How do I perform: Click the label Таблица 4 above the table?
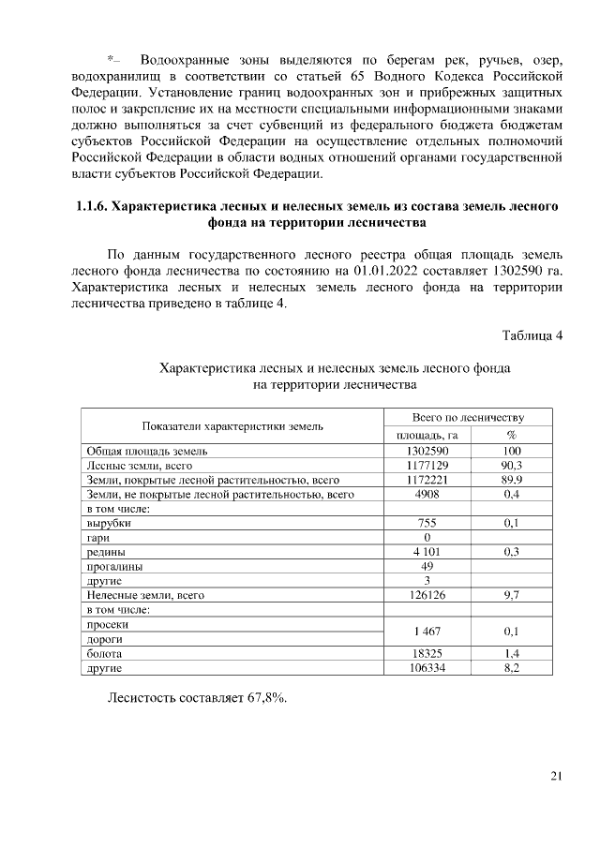(532, 336)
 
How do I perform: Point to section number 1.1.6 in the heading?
(92, 206)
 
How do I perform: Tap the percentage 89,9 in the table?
(512, 479)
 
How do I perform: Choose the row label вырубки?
(109, 523)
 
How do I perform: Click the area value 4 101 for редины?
(427, 552)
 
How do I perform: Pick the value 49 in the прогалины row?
(427, 566)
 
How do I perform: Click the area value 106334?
(427, 667)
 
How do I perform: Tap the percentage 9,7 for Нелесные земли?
(512, 595)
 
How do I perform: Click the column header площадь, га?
(427, 435)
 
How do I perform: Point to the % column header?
(512, 435)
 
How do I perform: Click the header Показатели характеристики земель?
(232, 426)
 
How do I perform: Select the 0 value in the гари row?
(427, 538)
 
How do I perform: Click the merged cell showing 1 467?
(427, 632)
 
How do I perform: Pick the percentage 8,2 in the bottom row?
(512, 667)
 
